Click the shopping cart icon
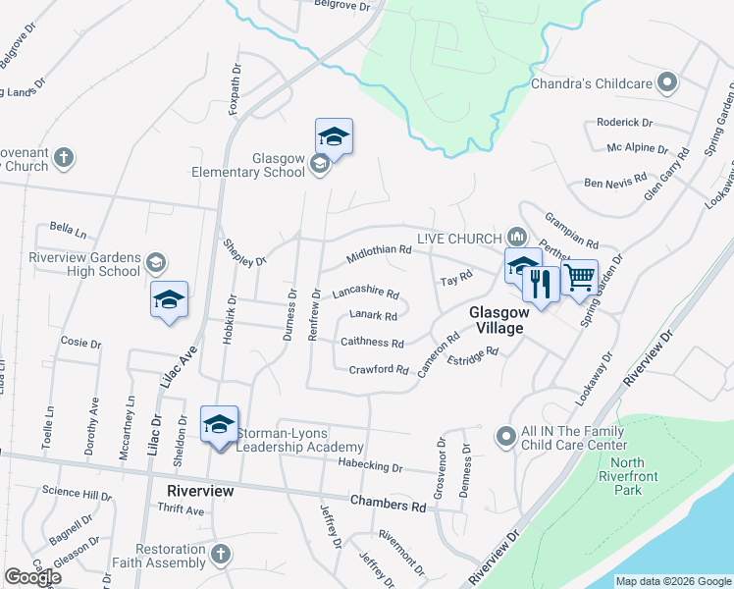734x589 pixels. pos(580,276)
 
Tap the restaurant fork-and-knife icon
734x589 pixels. pos(541,283)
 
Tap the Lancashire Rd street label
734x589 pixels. pos(365,293)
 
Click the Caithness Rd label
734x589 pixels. pos(372,343)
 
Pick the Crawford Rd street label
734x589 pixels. pos(378,369)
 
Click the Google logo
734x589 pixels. pos(32,577)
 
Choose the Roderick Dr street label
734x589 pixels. pos(625,123)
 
